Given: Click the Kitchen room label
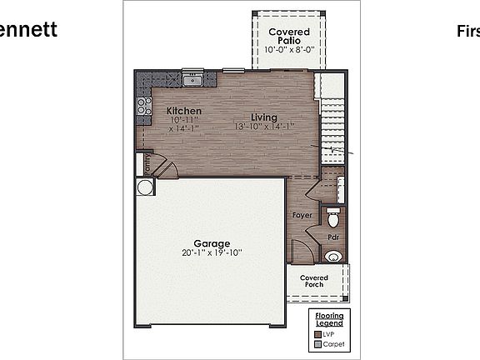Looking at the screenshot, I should (183, 111).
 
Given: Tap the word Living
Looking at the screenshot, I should (264, 117).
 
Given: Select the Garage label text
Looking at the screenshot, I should (212, 243).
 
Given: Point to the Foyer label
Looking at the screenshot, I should (302, 215).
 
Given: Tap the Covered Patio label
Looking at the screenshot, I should (288, 37).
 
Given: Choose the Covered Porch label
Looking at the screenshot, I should (314, 282).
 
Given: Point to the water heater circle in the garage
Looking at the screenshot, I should (145, 187).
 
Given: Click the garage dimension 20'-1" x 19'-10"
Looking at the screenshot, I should (212, 252).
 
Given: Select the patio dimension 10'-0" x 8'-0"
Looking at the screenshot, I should (288, 50).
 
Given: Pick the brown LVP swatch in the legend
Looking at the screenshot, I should (317, 332).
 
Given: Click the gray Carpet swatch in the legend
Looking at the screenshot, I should (317, 344).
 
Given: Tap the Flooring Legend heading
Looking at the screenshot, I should (329, 319).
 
